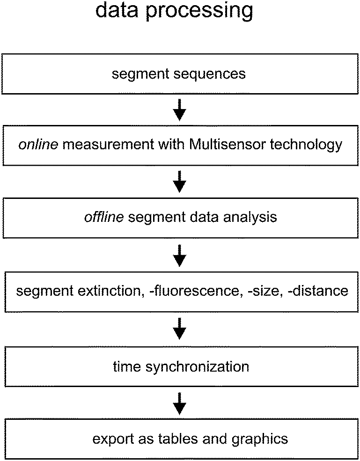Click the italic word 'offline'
pos(103,217)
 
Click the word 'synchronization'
pos(197,366)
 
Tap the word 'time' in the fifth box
pos(127,366)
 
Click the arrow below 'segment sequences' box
pos(180,111)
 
